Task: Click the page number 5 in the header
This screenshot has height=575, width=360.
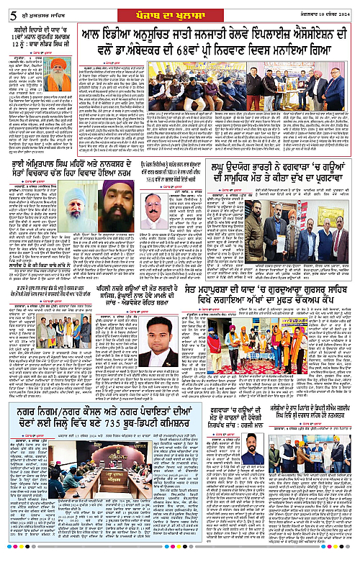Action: pyautogui.click(x=5, y=9)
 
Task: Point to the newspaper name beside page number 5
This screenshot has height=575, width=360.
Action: pyautogui.click(x=33, y=9)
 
